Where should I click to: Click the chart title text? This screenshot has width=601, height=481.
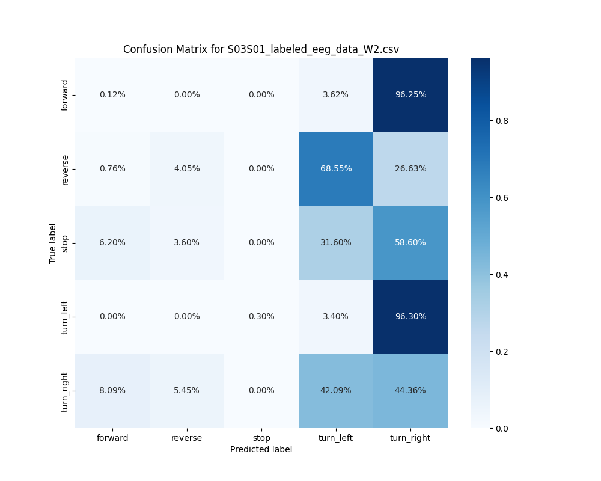(x=261, y=49)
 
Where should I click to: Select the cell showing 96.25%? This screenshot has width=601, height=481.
(x=410, y=94)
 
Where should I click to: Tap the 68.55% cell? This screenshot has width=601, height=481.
(x=336, y=168)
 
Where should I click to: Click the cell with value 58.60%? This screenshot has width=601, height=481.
(x=410, y=242)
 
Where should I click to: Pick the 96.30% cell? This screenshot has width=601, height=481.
(x=410, y=316)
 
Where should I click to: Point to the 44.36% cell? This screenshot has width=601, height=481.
(x=410, y=390)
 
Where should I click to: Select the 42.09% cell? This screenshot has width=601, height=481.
(x=336, y=390)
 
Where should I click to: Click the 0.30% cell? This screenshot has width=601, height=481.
(x=261, y=316)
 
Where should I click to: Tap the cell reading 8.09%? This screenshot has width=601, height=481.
(x=112, y=390)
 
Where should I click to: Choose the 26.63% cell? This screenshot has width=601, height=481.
(x=410, y=168)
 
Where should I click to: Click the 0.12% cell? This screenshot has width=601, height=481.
(x=112, y=94)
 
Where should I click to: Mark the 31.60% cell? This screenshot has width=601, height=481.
(x=336, y=242)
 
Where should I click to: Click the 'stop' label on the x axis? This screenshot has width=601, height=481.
(x=261, y=438)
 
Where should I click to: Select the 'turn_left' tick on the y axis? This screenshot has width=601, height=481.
(x=65, y=317)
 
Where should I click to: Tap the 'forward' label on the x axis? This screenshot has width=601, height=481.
(x=112, y=438)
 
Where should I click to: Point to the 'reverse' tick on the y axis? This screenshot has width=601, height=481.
(x=65, y=169)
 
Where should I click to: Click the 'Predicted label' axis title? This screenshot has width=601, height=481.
(x=261, y=449)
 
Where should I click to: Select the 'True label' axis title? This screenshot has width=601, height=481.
(x=53, y=243)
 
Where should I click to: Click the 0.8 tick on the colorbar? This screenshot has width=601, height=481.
(x=501, y=120)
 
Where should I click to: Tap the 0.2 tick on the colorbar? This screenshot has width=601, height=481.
(x=501, y=351)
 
